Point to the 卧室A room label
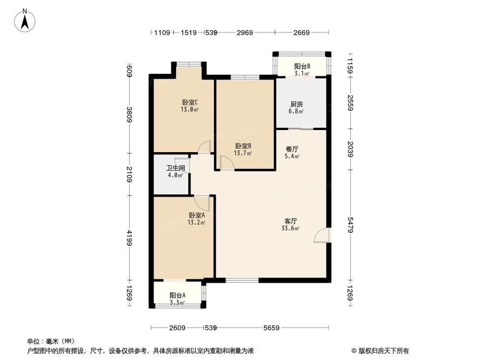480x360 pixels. click(x=197, y=215)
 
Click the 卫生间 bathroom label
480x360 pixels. click(x=175, y=168)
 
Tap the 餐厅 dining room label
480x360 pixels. click(x=292, y=149)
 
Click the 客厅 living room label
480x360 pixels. click(x=291, y=221)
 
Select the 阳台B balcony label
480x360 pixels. click(x=302, y=66)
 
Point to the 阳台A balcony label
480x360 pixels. click(x=177, y=296)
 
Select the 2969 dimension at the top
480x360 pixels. click(x=245, y=33)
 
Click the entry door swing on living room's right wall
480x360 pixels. click(x=323, y=236)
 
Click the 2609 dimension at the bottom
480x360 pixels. click(x=177, y=328)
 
